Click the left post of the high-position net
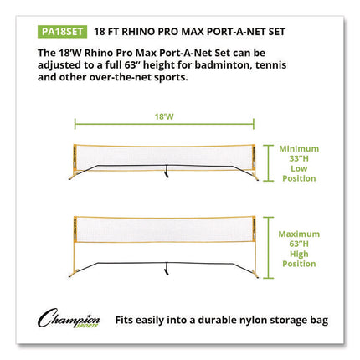click(76, 243)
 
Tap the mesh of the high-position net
click(167, 227)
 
